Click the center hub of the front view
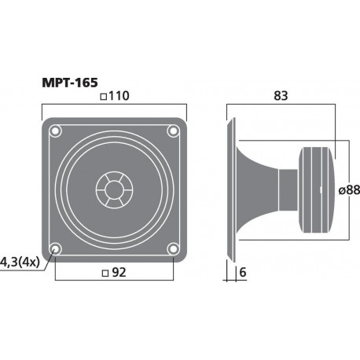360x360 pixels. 114,189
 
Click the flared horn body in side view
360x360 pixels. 259,188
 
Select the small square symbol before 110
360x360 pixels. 104,97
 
